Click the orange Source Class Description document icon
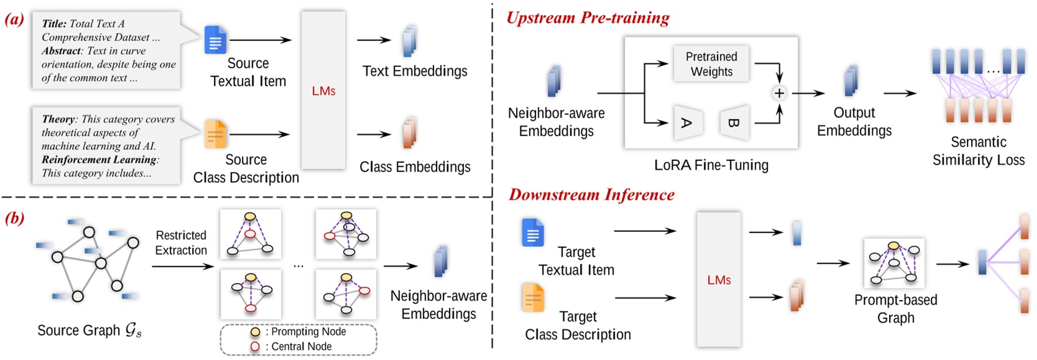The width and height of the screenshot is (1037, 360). (215, 134)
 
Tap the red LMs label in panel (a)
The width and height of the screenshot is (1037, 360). (323, 91)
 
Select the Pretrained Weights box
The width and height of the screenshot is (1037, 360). (711, 64)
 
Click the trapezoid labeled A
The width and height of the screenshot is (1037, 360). (687, 122)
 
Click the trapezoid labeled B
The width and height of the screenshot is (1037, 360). (734, 122)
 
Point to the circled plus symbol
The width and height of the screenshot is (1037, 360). (778, 93)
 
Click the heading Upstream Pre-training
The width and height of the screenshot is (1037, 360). (588, 17)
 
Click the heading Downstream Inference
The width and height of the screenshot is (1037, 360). (591, 195)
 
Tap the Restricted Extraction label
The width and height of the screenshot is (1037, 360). (181, 242)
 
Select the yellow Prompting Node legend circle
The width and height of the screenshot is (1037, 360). (255, 332)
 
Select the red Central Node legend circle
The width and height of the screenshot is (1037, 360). (255, 346)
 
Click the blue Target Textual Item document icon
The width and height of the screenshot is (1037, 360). (533, 233)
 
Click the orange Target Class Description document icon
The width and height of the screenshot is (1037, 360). (533, 297)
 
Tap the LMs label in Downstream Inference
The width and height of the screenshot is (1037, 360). (719, 280)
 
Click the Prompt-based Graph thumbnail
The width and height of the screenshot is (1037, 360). (893, 263)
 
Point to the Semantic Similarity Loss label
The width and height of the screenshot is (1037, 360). (978, 151)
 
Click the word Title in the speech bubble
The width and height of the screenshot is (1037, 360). (54, 24)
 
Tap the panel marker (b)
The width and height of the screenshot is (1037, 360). (14, 218)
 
